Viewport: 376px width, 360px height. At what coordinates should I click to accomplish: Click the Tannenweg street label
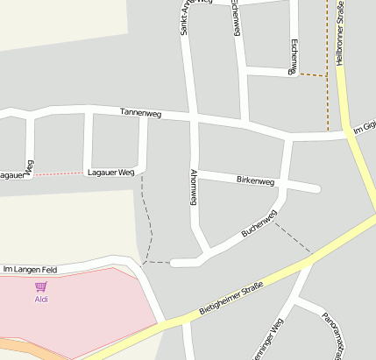coord(142,112)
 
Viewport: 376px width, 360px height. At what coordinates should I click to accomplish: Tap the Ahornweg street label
coord(192,186)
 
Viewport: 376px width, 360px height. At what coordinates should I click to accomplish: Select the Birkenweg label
coord(256,180)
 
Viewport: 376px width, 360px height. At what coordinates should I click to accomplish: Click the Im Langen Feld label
coord(30,270)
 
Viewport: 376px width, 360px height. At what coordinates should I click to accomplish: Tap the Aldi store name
coord(41,299)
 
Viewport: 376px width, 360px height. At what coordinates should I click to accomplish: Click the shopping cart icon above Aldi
coord(41,286)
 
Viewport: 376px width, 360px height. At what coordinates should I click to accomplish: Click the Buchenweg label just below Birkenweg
coord(259,224)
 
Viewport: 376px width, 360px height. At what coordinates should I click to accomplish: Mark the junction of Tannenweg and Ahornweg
coord(192,116)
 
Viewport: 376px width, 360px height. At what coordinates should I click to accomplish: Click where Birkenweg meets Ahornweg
coord(194,171)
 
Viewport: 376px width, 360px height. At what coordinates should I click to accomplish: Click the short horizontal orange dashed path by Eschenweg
coord(311,75)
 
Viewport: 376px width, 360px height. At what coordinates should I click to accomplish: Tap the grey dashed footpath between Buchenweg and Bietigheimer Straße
coord(293,236)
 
